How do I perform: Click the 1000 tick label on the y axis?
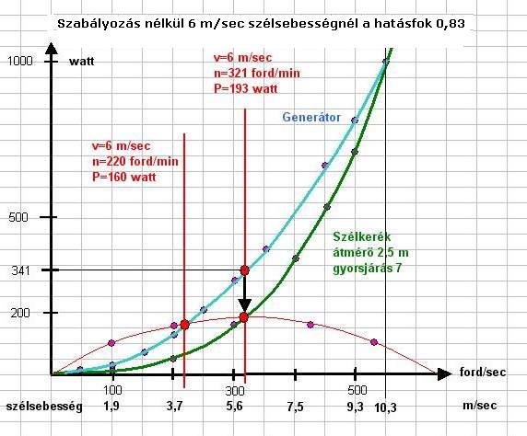pyautogui.click(x=20, y=61)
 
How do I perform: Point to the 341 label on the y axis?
pyautogui.click(x=20, y=270)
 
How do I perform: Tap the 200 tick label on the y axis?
pyautogui.click(x=20, y=313)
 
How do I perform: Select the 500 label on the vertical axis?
pyautogui.click(x=18, y=217)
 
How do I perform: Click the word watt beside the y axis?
pyautogui.click(x=82, y=62)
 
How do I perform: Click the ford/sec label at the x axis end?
pyautogui.click(x=482, y=372)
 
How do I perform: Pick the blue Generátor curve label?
pyautogui.click(x=311, y=117)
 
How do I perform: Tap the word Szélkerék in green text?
pyautogui.click(x=362, y=237)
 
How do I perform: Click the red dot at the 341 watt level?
pyautogui.click(x=245, y=270)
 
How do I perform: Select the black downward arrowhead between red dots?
pyautogui.click(x=245, y=304)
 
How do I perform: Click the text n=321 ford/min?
pyautogui.click(x=257, y=74)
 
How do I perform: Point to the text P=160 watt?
pyautogui.click(x=124, y=177)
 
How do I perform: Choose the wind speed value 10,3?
pyautogui.click(x=385, y=407)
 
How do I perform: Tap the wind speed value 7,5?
pyautogui.click(x=295, y=407)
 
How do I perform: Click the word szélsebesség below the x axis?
pyautogui.click(x=44, y=407)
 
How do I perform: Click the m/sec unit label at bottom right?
pyautogui.click(x=480, y=406)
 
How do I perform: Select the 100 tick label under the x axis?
pyautogui.click(x=112, y=390)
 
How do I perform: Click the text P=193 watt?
pyautogui.click(x=246, y=88)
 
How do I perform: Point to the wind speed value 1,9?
pyautogui.click(x=111, y=407)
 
